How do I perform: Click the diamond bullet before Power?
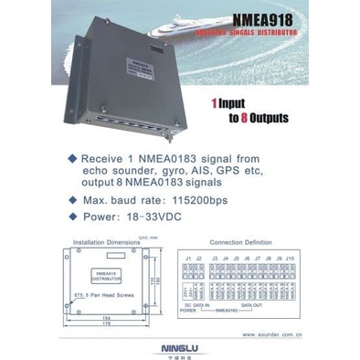point(71,218)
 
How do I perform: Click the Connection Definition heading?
point(243,243)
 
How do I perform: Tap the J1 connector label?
point(187,259)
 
